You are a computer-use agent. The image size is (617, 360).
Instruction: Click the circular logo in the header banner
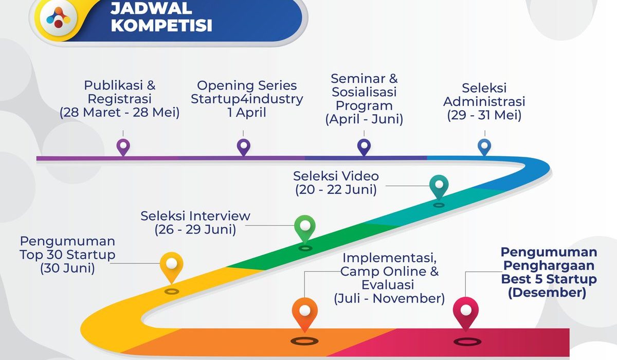[59, 17]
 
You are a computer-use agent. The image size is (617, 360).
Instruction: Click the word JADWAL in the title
[151, 8]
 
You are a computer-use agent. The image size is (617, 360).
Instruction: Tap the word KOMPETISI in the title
[161, 26]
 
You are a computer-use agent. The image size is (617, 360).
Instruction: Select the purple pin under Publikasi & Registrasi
[123, 147]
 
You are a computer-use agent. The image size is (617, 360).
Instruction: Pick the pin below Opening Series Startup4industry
[244, 147]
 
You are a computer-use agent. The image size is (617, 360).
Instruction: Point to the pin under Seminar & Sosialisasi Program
[364, 147]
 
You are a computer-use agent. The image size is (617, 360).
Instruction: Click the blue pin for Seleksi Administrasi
[484, 147]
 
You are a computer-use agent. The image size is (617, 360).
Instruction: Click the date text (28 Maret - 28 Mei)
[119, 113]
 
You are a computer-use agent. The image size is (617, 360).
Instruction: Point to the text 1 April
[247, 113]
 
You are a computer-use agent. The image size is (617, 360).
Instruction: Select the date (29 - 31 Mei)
[484, 115]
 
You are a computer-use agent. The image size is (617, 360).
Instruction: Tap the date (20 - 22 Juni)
[336, 190]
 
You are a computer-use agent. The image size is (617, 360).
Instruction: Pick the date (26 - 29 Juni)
[195, 229]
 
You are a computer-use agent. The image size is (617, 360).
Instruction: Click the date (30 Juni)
[67, 268]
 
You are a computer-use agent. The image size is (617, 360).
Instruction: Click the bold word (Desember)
[547, 293]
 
